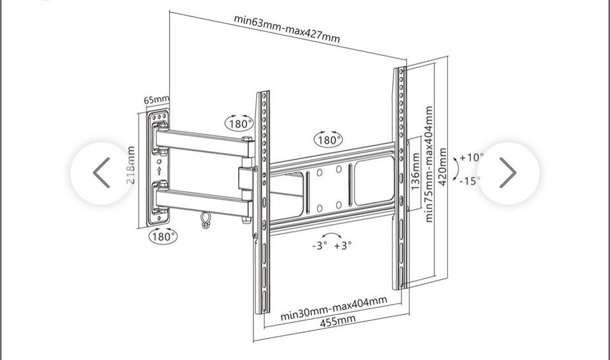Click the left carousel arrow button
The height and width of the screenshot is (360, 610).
[102, 173]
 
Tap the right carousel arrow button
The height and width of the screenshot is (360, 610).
[508, 173]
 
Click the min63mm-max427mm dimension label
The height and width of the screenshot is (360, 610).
[287, 29]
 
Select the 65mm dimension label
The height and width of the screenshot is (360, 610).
[156, 100]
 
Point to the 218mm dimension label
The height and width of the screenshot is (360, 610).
[131, 165]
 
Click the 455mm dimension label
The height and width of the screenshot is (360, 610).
[337, 321]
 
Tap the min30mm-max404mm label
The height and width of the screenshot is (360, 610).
[334, 308]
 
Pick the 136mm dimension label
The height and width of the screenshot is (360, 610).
[416, 171]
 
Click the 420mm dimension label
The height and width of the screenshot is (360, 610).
[442, 167]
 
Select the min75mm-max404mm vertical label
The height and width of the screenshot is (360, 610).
[429, 164]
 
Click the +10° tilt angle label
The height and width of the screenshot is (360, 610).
[471, 157]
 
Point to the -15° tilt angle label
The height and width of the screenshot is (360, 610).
[470, 181]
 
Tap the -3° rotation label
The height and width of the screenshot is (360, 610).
[320, 246]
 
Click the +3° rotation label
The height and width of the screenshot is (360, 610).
[342, 245]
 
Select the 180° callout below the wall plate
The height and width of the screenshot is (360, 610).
[163, 236]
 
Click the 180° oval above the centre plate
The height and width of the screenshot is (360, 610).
[329, 139]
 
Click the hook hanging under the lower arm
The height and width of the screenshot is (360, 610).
[205, 220]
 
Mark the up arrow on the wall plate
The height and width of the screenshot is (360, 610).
[159, 170]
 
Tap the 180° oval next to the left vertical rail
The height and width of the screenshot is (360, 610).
[240, 123]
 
